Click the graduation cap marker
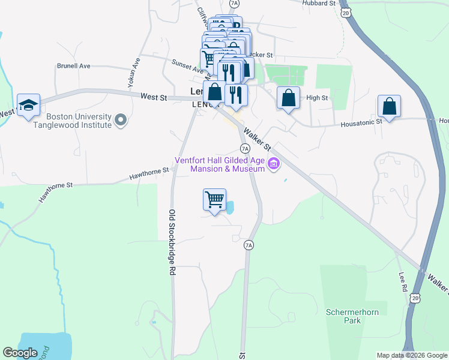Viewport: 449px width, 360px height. [x=28, y=106]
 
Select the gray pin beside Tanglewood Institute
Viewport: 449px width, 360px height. [x=121, y=120]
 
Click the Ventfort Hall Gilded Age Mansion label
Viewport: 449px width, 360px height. [x=220, y=164]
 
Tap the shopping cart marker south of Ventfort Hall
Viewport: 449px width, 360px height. [x=215, y=199]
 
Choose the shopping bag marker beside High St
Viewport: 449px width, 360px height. [x=288, y=98]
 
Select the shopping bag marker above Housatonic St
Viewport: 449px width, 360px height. [x=389, y=106]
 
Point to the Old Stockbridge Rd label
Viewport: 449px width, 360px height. [x=172, y=242]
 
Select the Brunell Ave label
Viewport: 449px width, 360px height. [x=73, y=66]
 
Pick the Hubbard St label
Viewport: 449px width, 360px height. [x=319, y=4]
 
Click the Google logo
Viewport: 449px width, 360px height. [x=20, y=353]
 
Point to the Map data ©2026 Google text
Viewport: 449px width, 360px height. [x=411, y=355]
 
